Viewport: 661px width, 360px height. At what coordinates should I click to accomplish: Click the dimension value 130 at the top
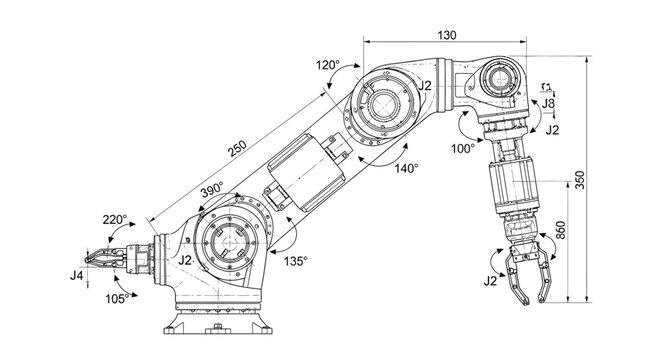pyautogui.click(x=447, y=35)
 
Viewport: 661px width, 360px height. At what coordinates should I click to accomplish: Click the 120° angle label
pyautogui.click(x=328, y=65)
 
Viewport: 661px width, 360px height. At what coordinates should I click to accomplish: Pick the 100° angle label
pyautogui.click(x=463, y=149)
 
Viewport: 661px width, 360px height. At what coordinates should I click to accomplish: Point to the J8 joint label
pyautogui.click(x=549, y=103)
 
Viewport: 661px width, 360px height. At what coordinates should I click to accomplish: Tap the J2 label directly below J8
pyautogui.click(x=553, y=130)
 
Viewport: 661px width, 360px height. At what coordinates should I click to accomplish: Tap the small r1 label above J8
pyautogui.click(x=547, y=87)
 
